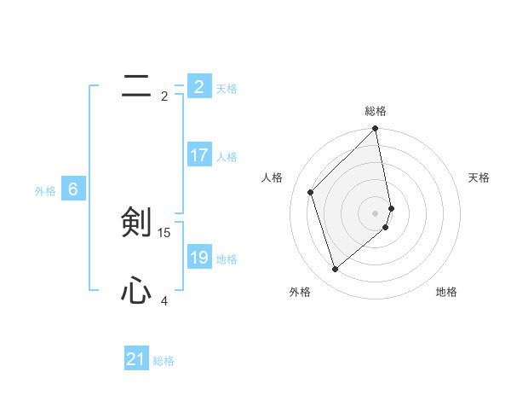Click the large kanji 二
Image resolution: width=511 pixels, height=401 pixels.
(136, 85)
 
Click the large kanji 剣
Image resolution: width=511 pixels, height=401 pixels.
(136, 222)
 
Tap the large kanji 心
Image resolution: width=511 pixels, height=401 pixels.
(136, 292)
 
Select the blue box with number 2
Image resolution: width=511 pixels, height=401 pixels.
(199, 86)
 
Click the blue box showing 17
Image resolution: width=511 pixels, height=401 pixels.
(199, 156)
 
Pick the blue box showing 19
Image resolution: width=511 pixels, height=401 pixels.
(199, 258)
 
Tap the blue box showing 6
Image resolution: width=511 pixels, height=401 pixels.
(73, 190)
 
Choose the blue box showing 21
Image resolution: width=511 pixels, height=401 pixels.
(136, 359)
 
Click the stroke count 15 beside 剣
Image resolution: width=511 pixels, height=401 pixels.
(164, 232)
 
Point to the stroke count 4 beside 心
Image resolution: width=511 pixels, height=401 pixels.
(164, 300)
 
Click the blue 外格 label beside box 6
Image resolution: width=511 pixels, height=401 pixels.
(45, 191)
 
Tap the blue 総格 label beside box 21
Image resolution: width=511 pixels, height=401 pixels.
(164, 361)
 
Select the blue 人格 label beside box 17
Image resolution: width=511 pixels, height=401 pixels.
(227, 157)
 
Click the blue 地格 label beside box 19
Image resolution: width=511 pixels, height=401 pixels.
(227, 259)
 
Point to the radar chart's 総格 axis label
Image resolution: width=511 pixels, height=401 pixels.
(376, 111)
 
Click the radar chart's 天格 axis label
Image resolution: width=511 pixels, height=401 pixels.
(479, 177)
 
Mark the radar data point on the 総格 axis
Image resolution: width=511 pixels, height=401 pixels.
(376, 130)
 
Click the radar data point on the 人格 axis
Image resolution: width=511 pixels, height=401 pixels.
(311, 192)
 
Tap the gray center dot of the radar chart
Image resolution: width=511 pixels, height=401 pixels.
(376, 212)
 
